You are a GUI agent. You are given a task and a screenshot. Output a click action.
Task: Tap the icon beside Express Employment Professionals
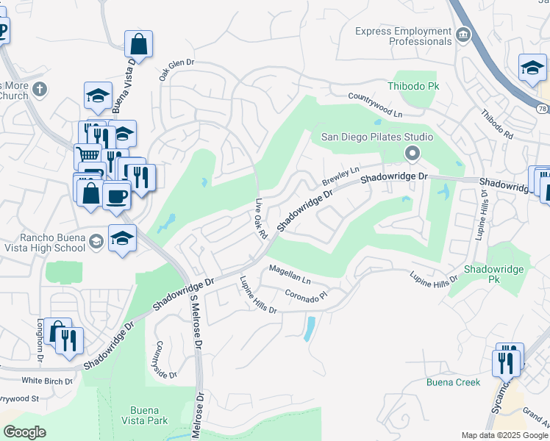463,35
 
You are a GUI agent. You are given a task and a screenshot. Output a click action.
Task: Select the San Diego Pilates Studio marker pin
412,154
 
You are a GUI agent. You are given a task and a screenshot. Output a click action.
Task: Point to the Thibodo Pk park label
418,86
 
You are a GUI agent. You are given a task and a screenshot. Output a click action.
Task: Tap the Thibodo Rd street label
497,125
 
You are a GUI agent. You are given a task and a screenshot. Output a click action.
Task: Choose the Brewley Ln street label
340,176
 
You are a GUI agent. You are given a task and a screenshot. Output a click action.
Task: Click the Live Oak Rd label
260,218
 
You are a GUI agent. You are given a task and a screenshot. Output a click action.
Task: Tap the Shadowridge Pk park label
493,274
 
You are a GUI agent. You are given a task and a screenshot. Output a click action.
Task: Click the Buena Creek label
453,382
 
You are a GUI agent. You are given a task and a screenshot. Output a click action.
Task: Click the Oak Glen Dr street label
176,70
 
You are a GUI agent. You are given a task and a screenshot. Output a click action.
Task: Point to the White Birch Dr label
47,381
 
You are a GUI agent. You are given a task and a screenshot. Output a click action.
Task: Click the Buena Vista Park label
149,415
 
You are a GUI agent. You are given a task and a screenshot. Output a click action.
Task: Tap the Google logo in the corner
25,432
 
